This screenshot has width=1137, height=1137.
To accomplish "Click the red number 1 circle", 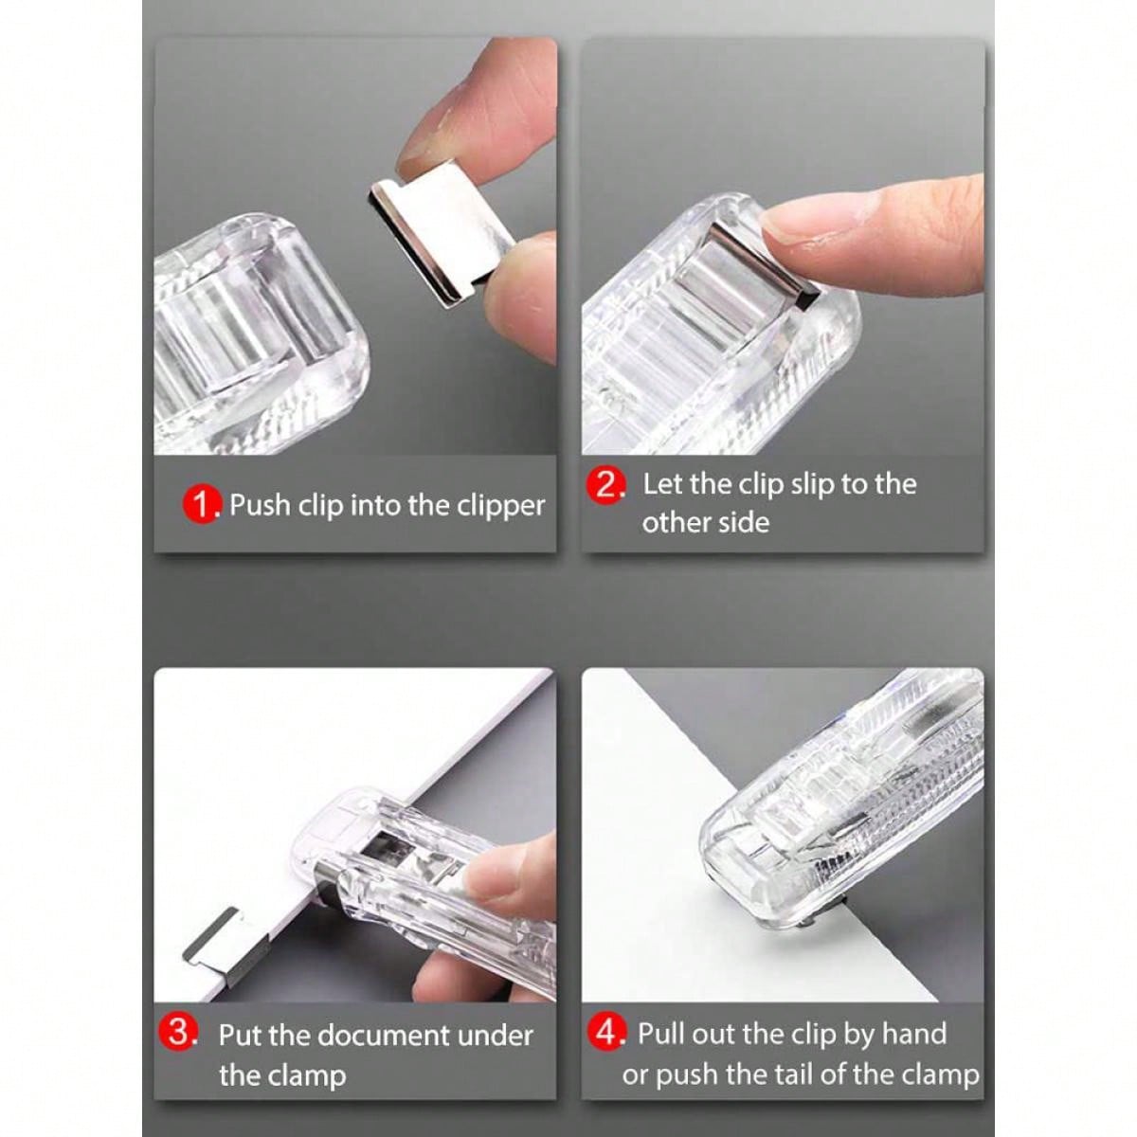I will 202,504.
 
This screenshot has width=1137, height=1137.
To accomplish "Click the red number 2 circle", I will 606,484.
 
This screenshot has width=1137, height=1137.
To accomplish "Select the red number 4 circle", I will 607,1032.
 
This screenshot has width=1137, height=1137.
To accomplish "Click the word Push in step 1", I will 260,505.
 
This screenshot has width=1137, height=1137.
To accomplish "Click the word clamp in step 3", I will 305,1075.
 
